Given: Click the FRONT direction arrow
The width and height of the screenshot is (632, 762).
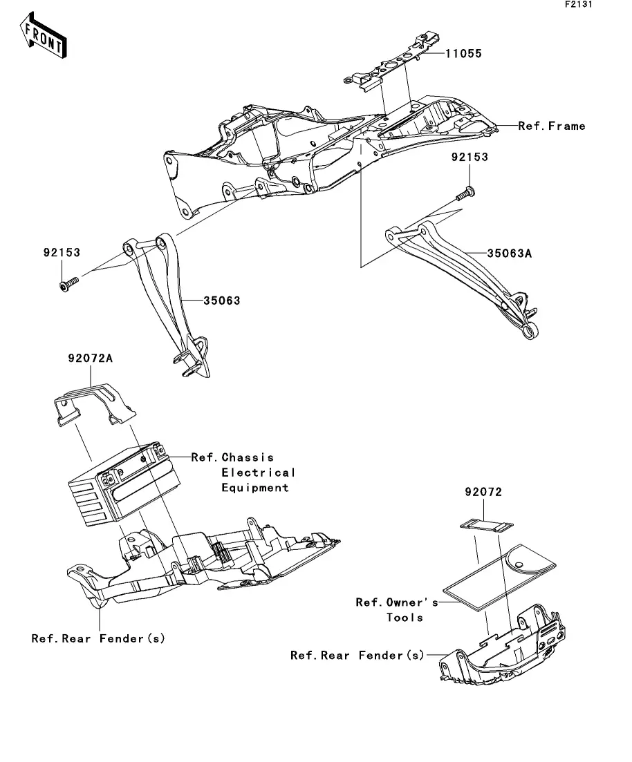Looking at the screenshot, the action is point(44,35).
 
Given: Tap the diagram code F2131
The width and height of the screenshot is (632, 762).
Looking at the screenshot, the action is point(579,4).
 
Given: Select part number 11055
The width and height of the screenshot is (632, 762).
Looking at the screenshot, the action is point(464,53).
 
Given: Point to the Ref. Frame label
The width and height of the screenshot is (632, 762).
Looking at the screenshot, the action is point(552,126).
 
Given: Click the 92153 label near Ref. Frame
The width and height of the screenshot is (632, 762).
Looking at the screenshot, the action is point(470,157).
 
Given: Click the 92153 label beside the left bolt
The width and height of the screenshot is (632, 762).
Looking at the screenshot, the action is point(62,253).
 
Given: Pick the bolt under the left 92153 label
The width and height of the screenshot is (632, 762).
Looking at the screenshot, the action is point(68,285).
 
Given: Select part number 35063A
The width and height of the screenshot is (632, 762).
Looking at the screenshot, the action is point(510,253).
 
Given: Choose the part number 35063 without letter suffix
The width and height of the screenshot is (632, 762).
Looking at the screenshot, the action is point(222,301).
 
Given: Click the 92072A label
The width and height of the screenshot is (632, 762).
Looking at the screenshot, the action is point(91,358).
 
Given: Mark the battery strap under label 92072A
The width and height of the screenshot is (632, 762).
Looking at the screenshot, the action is point(95,404).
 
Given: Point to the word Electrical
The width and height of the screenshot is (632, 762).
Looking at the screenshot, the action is point(259,473).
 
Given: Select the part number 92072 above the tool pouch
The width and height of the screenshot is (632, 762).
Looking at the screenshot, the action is point(483,492).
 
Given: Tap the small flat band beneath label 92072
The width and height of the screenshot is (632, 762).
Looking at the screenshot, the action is point(487,525).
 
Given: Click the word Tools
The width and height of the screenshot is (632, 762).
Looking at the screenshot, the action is point(405,618).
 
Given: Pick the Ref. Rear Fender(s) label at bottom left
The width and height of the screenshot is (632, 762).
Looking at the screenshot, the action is point(98,638).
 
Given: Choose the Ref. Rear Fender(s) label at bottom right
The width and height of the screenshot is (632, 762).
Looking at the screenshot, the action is point(357,656).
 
